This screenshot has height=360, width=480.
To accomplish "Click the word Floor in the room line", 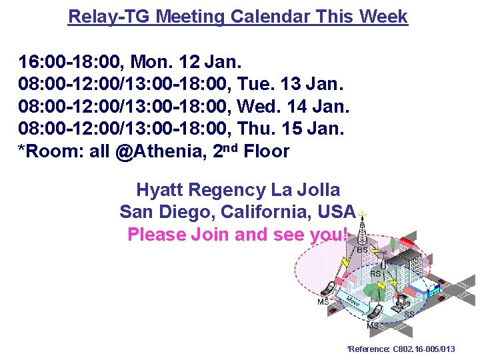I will (x=267, y=151).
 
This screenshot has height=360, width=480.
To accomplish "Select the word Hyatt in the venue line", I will (x=160, y=190).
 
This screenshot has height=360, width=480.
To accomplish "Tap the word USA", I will (x=337, y=212).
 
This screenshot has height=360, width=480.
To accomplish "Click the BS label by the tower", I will (x=362, y=250).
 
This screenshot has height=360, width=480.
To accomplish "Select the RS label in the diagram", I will (x=375, y=273).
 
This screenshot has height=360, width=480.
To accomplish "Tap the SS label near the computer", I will (x=409, y=313).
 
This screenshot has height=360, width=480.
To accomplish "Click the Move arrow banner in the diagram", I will (x=353, y=302).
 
